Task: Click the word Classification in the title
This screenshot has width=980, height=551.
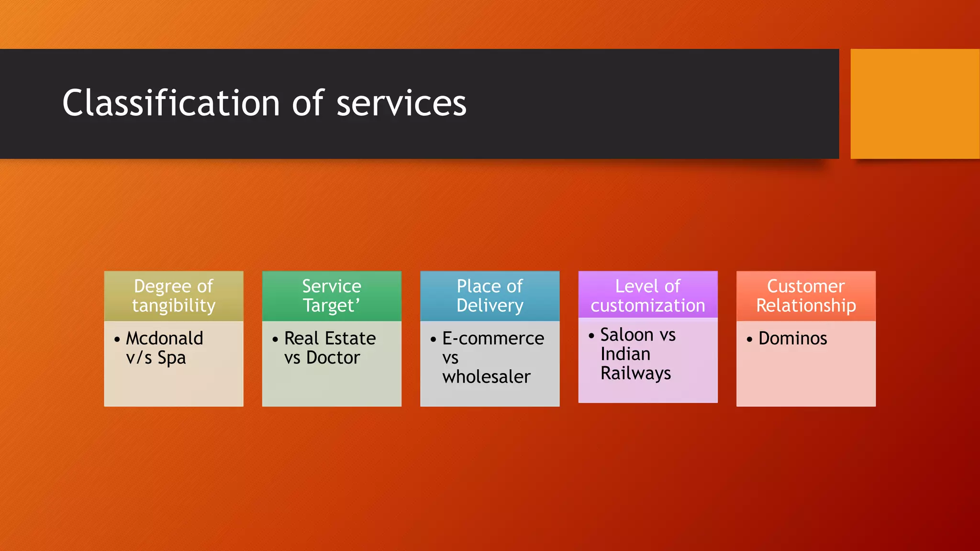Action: [171, 103]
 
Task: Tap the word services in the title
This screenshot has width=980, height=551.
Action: [401, 103]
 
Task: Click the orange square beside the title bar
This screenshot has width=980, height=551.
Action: [914, 104]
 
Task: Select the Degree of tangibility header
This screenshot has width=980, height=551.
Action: [174, 296]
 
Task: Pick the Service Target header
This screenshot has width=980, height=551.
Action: [332, 296]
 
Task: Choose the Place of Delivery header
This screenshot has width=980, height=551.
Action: [490, 296]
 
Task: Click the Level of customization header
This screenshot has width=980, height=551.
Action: [647, 296]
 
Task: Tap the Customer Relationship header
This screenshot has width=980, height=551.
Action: [806, 296]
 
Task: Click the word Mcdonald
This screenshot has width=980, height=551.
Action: [165, 339]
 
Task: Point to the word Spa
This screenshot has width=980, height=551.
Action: [172, 358]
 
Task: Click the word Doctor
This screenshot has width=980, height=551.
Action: [333, 358]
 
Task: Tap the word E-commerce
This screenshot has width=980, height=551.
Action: [493, 339]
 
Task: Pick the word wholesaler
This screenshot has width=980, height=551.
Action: [486, 377]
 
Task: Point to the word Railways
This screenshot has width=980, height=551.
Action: [635, 374]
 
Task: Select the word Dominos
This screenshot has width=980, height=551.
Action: [792, 339]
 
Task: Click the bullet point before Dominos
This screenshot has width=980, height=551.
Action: [749, 340]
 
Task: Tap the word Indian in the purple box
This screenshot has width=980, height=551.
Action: [625, 354]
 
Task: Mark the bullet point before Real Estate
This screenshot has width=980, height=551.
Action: [275, 340]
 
